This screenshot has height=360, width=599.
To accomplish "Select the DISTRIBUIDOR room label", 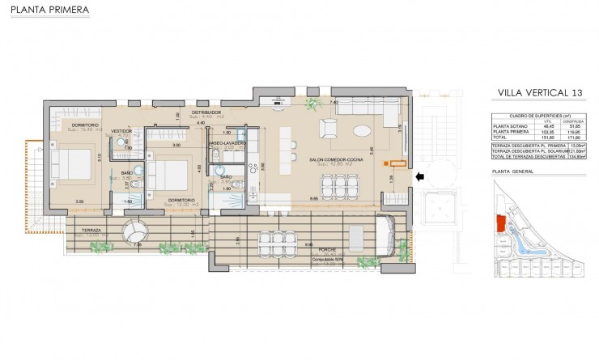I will coord(206,112).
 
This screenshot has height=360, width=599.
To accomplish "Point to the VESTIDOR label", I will coord(121,130).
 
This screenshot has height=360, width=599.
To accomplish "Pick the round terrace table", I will coord(134,235).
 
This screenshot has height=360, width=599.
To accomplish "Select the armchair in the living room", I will coord(330,128).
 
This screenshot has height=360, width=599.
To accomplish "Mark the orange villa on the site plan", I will coord(499,220).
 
